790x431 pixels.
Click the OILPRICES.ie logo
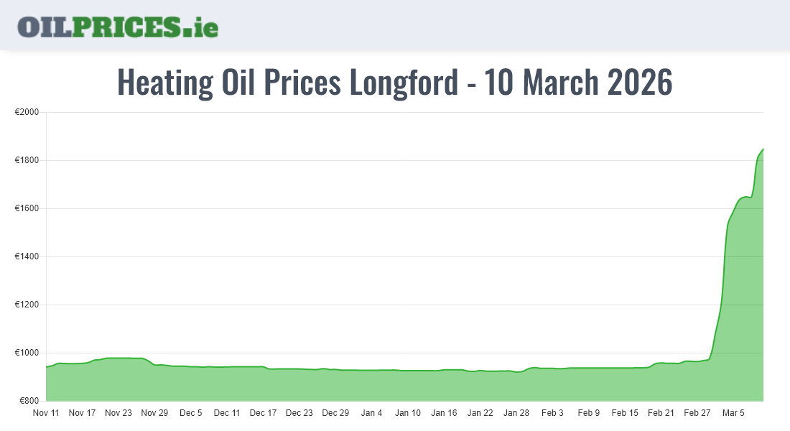[118, 27]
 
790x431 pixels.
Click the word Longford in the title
[403, 83]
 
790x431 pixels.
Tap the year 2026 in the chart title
[639, 83]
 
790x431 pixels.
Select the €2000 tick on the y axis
[27, 113]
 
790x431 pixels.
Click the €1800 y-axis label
[27, 161]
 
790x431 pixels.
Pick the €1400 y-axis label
[27, 257]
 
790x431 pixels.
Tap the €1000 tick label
[27, 353]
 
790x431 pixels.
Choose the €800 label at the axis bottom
[29, 401]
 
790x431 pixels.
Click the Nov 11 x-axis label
[46, 413]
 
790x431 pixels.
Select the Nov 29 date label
[154, 413]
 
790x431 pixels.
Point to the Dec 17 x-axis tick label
[263, 413]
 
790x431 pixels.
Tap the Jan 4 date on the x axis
[371, 413]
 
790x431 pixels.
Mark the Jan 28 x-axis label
[516, 413]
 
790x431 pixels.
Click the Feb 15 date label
[625, 413]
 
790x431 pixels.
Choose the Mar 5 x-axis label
[733, 413]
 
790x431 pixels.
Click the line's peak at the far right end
[763, 149]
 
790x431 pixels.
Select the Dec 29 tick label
[335, 413]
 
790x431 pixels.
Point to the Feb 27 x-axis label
[697, 413]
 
